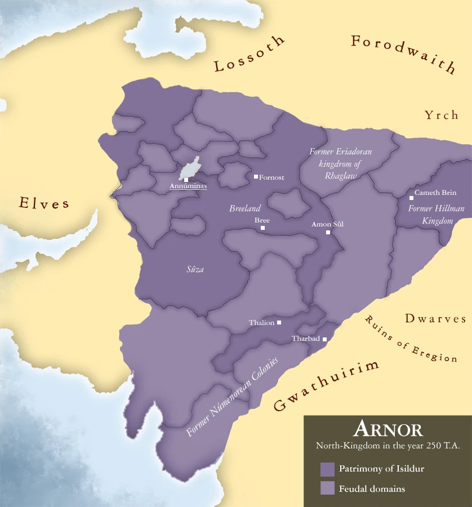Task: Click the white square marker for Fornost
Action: pos(256,177)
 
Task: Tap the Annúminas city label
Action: pos(188,185)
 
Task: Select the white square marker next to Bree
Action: pos(262,228)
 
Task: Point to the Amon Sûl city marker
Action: pos(328,232)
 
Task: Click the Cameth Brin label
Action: pos(435,193)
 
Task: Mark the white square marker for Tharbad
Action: pos(324,339)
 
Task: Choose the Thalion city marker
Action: pos(279,322)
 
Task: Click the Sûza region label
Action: pos(195,269)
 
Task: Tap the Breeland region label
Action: pos(245,208)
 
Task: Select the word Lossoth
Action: pos(250,56)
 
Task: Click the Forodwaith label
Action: pos(403,54)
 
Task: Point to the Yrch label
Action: pos(442,115)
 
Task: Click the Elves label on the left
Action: pos(44,203)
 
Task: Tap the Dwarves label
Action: pos(435,319)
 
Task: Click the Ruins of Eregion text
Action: pos(410,340)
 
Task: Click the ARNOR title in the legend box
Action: pos(388,430)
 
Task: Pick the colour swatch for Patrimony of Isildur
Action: pos(327,469)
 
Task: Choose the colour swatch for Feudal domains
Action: pos(327,488)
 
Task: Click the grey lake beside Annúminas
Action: pos(190,168)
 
